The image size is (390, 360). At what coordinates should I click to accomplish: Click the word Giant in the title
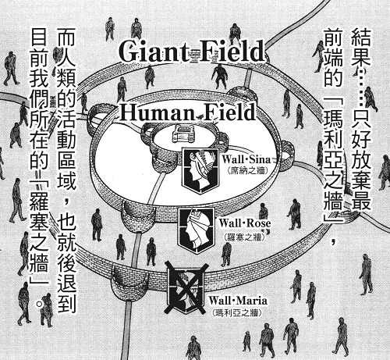point(154,52)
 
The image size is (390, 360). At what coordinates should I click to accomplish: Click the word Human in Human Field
point(157,112)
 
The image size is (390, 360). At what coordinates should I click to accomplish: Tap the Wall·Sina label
point(246,159)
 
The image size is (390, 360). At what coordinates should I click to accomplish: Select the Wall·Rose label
point(245,223)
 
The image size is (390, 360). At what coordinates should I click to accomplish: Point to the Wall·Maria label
point(238,301)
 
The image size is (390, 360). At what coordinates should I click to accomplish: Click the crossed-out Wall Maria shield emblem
point(186,288)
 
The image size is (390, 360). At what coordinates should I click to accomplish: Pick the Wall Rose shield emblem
point(196,230)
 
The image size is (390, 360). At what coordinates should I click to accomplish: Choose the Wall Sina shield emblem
point(200,170)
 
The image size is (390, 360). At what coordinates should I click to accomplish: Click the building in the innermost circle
point(183,134)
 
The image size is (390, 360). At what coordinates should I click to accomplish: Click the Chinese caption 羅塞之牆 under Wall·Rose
point(244,237)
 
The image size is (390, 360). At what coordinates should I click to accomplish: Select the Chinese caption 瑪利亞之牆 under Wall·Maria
point(237,312)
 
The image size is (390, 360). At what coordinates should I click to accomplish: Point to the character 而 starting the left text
point(66,37)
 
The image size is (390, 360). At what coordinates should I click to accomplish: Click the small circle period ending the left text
point(40,304)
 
